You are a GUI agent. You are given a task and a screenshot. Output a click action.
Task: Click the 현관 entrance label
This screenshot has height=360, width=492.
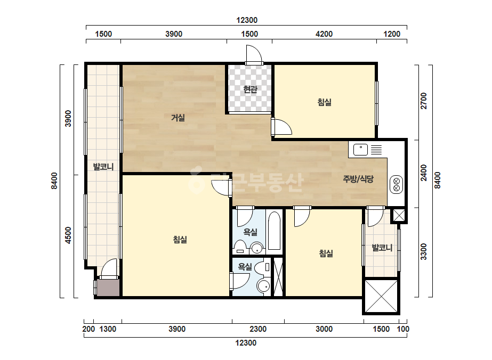coord(250,89)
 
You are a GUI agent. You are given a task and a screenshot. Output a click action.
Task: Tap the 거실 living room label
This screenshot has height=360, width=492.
coord(178,118)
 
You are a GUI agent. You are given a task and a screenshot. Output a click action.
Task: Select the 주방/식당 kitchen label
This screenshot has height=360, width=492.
coord(358,179)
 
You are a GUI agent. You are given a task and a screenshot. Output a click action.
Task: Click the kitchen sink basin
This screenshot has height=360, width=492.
coord(360,150)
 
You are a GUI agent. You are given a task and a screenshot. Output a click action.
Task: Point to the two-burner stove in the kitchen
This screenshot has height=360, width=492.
coord(396,184)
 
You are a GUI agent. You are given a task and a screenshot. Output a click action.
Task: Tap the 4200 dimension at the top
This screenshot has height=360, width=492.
coord(324,34)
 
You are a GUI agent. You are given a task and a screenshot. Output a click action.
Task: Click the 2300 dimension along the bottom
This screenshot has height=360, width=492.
coord(258,329)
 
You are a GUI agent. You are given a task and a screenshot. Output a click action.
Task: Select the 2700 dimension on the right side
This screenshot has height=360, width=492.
coord(424,101)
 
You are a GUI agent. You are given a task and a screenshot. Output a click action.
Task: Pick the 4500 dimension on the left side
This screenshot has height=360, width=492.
coord(68,235)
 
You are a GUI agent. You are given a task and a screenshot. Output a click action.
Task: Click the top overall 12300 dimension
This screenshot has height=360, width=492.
coord(247,20)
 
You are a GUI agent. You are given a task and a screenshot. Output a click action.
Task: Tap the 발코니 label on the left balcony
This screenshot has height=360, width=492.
coord(103,167)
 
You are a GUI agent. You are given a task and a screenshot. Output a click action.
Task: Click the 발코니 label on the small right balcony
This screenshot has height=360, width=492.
coord(382,248)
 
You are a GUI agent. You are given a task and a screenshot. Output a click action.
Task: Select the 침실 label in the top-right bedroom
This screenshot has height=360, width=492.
coord(325,102)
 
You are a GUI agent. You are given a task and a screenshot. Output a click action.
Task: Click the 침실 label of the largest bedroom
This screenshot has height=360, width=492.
coord(180,240)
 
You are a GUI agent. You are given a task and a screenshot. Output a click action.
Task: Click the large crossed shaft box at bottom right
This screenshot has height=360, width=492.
coord(381,296)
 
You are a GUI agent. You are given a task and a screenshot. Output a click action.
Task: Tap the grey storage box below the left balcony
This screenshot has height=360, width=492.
coord(108,288)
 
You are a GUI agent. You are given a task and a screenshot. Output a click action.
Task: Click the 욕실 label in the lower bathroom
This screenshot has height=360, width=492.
coord(245,267)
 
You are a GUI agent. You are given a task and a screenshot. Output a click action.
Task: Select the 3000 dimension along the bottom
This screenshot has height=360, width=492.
coord(324,329)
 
